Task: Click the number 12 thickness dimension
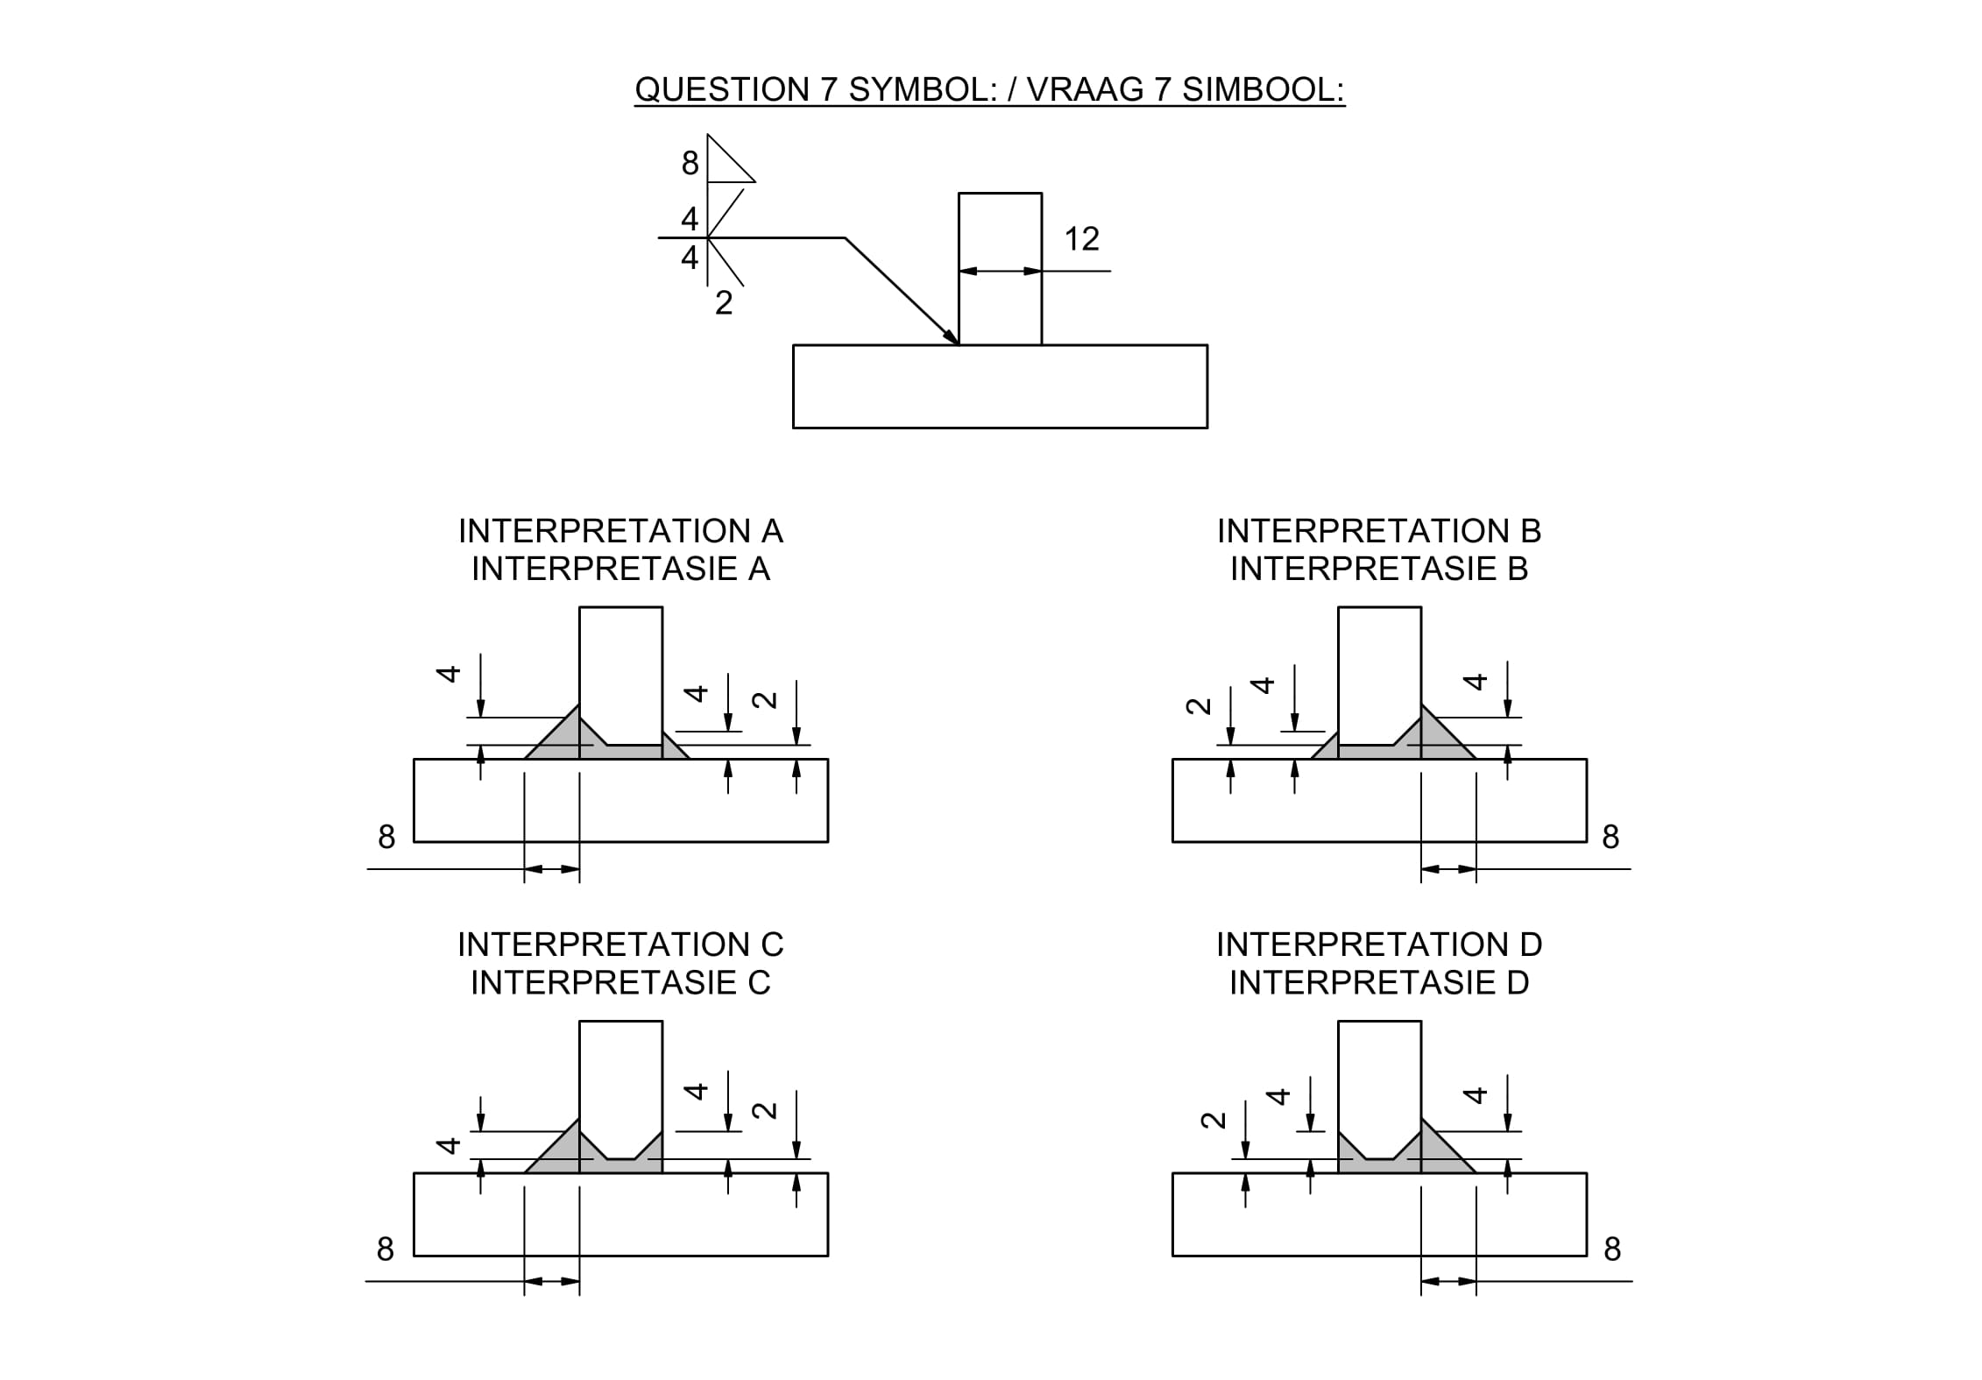(1081, 239)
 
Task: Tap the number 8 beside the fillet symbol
(690, 164)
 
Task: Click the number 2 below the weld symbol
(724, 303)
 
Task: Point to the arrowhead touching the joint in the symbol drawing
(952, 337)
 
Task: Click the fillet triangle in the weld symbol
(726, 164)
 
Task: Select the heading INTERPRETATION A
(620, 531)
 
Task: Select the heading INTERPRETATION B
(1379, 531)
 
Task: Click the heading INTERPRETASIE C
(620, 983)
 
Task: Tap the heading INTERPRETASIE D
(1379, 983)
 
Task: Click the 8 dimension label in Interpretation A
(386, 838)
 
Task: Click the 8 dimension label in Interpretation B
(1610, 838)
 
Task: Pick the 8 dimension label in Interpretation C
(386, 1249)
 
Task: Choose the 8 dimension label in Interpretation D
(1612, 1249)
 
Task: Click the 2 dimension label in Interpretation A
(765, 699)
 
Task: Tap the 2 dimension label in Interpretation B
(1198, 706)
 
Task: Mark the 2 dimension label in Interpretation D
(1213, 1120)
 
